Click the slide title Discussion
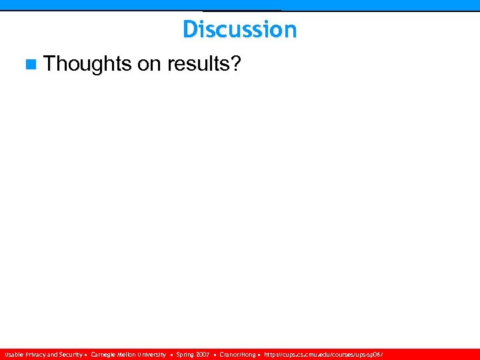tap(239, 29)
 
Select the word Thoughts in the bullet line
tap(87, 64)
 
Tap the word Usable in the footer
tap(13, 355)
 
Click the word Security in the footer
tap(70, 355)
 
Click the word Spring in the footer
tap(185, 355)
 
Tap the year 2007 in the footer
tap(203, 355)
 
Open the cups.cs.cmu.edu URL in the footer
tap(323, 355)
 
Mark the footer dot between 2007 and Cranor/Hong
tap(215, 355)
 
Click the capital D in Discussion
tap(189, 29)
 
